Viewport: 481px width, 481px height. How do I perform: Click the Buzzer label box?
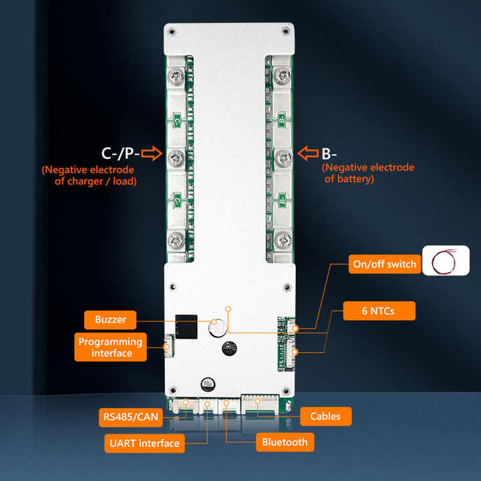coord(110,320)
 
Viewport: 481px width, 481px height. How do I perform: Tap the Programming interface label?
coord(110,347)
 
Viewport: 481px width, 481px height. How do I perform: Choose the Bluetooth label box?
coord(285,442)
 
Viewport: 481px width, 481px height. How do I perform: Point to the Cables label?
coord(325,416)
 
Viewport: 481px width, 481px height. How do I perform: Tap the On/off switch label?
coord(384,264)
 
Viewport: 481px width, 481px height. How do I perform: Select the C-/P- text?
coord(120,155)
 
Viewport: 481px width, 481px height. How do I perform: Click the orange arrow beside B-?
coord(307,154)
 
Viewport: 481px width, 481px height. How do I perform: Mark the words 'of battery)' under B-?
coord(349,179)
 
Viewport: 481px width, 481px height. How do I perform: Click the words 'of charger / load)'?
coord(96,181)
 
